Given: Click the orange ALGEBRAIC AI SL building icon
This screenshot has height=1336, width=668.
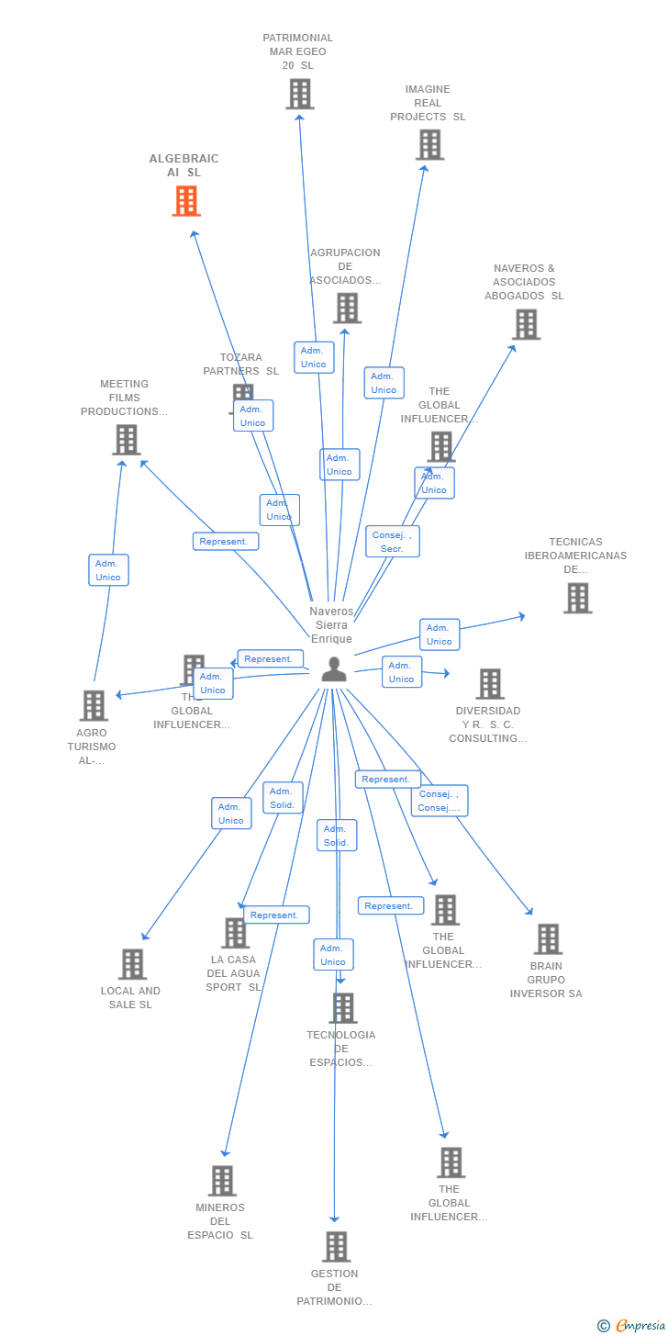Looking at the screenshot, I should click(186, 200).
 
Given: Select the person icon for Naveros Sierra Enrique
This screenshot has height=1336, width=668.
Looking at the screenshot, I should click(334, 669).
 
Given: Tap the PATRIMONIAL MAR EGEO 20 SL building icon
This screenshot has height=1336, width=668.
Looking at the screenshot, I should click(299, 94).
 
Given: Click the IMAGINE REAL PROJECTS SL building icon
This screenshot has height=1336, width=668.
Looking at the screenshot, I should click(429, 144).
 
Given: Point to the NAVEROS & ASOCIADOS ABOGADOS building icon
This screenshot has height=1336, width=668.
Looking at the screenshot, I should click(526, 324).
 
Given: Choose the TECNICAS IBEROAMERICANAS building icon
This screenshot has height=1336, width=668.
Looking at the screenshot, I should click(577, 598).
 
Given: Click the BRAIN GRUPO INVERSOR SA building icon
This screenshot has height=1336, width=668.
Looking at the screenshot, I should click(548, 939).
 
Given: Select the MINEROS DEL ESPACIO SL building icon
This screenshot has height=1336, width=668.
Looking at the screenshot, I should click(222, 1181).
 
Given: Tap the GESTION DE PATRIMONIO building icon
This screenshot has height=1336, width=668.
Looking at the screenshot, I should click(337, 1247).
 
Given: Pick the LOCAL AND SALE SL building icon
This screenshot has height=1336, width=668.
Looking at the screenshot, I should click(132, 964).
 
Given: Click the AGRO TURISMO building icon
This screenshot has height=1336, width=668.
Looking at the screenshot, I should click(94, 705).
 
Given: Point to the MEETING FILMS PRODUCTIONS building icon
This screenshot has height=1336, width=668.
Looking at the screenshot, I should click(126, 440).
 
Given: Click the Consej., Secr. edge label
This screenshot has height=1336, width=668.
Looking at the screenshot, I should click(393, 542).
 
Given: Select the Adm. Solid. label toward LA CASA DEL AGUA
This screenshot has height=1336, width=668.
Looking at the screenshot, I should click(283, 798).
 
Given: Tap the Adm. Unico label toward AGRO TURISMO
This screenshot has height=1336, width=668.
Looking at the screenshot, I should click(213, 683).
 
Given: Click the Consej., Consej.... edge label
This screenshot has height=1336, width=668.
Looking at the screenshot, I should click(440, 801).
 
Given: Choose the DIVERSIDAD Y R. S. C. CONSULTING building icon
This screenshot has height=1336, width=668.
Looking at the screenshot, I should click(490, 684).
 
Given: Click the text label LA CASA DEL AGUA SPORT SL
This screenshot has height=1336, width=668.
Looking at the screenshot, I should click(233, 973).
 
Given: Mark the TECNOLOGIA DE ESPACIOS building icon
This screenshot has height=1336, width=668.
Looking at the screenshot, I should click(342, 1007).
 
